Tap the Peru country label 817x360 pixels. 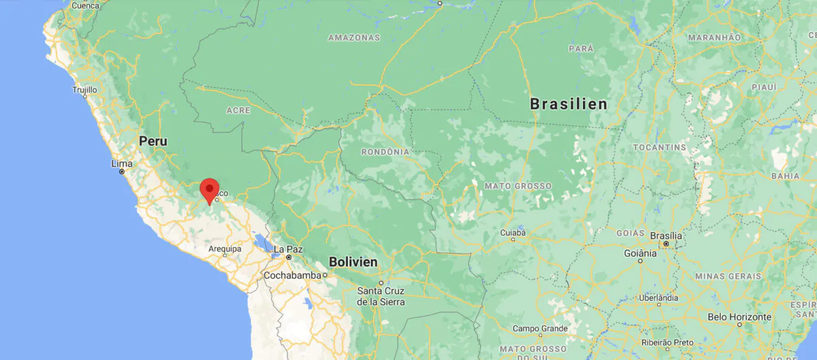tap(153, 142)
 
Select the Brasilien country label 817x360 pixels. tap(568, 104)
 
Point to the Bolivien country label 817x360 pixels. tap(353, 261)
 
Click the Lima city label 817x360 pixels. tap(121, 163)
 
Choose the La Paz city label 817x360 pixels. tap(288, 249)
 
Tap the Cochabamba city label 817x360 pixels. tap(292, 275)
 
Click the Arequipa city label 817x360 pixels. tap(225, 249)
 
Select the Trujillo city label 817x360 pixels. tap(85, 89)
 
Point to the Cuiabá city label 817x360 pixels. tap(513, 232)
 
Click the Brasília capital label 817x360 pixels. tap(666, 235)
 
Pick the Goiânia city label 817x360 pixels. tap(640, 252)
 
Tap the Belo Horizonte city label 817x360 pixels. tap(739, 316)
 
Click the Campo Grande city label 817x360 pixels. tap(540, 328)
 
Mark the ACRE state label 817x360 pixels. tap(238, 110)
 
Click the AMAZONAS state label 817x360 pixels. tap(353, 37)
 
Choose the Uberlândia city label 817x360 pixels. tap(658, 297)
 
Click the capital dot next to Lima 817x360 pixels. tap(122, 171)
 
